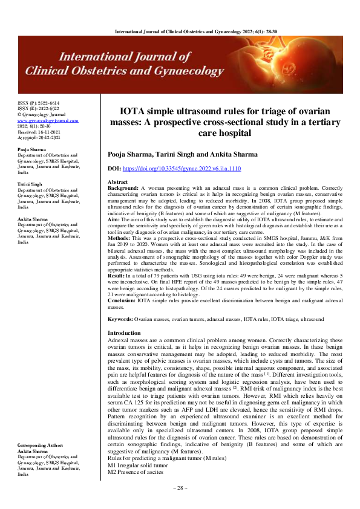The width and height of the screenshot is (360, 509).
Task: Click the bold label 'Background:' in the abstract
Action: (123, 189)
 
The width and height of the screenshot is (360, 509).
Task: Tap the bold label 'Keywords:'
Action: (120, 319)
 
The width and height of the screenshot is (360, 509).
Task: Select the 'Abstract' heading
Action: (117, 182)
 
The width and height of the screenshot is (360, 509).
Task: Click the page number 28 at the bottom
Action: (180, 487)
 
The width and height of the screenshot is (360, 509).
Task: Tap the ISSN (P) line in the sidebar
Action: (38, 104)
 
